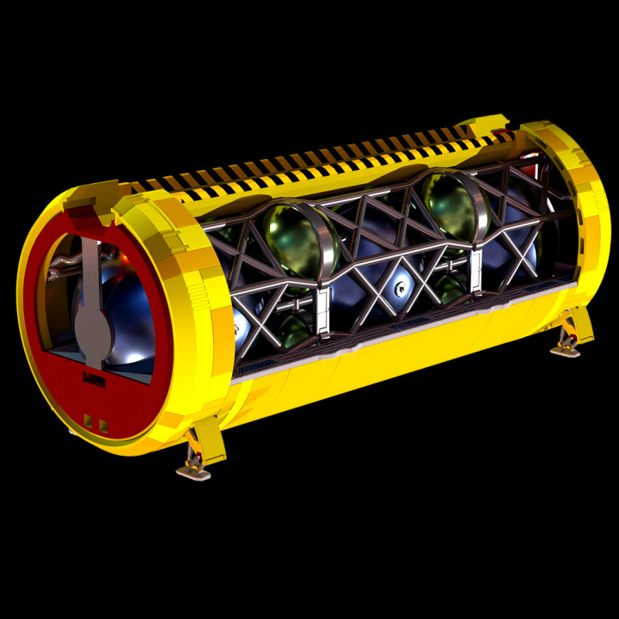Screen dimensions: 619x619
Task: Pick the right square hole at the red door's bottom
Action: point(103,425)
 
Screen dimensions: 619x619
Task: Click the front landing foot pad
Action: point(193,470)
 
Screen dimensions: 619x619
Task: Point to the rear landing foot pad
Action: point(566,348)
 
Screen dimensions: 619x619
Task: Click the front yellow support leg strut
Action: point(206,440)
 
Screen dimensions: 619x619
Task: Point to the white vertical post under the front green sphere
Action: point(322,309)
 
